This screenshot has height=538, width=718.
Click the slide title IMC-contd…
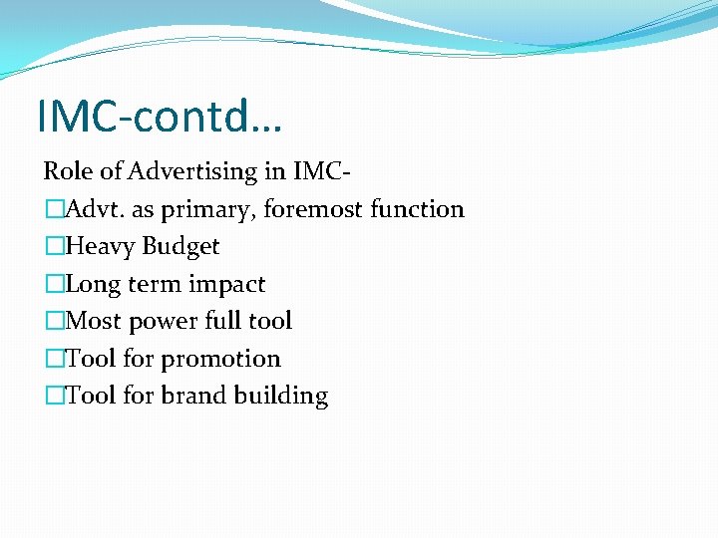160,116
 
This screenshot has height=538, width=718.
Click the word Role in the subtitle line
66,171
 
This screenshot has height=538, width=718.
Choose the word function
417,209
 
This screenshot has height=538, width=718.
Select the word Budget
181,247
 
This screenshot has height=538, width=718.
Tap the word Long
94,284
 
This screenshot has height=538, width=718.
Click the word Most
92,321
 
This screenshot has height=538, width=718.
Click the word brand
192,396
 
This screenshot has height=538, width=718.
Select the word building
280,397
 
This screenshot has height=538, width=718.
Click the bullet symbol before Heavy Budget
54,247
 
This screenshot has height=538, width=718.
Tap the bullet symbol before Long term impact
54,284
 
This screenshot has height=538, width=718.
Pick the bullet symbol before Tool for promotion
54,359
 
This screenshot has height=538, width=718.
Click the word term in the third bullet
155,284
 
